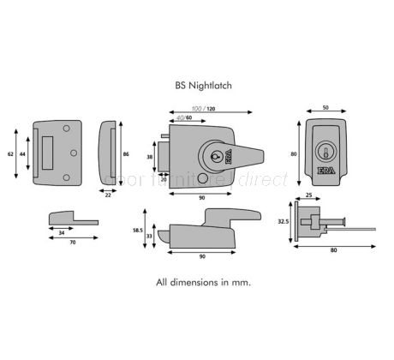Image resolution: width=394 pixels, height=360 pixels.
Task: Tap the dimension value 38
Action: tap(151, 157)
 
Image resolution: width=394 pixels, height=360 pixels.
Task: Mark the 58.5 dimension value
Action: tap(136, 231)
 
